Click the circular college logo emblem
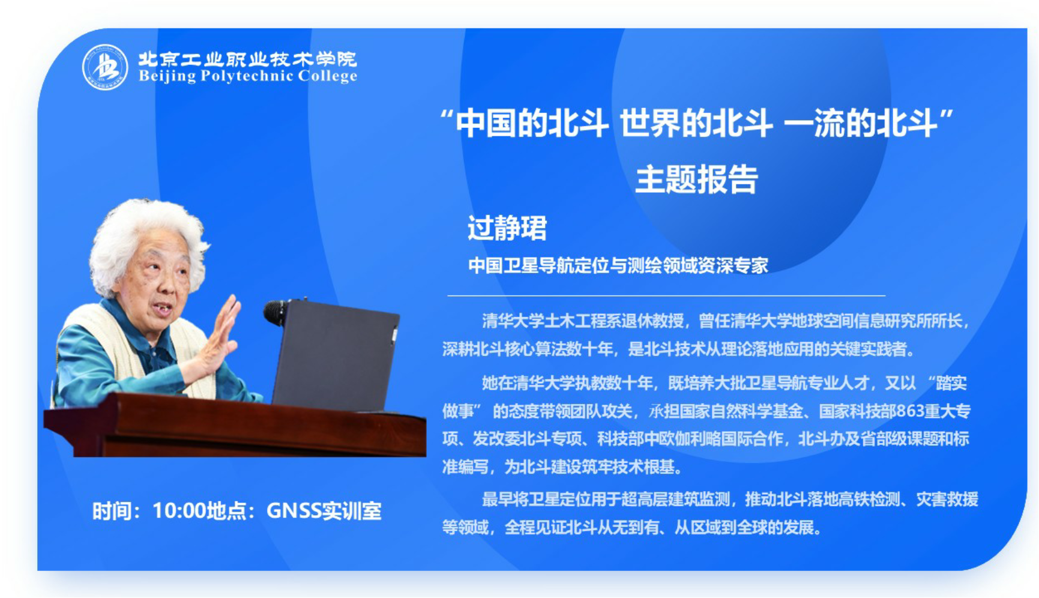tap(105, 67)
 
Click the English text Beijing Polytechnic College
tap(248, 76)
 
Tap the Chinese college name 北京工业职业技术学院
tap(248, 59)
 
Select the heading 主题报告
tap(696, 180)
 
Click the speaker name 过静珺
tap(507, 228)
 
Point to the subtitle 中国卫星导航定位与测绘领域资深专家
tap(618, 265)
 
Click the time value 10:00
tap(179, 511)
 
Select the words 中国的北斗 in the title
tap(532, 124)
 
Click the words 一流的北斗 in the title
tap(861, 124)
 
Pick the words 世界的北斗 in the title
tap(696, 124)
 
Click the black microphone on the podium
tap(278, 312)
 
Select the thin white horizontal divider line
tap(666, 296)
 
